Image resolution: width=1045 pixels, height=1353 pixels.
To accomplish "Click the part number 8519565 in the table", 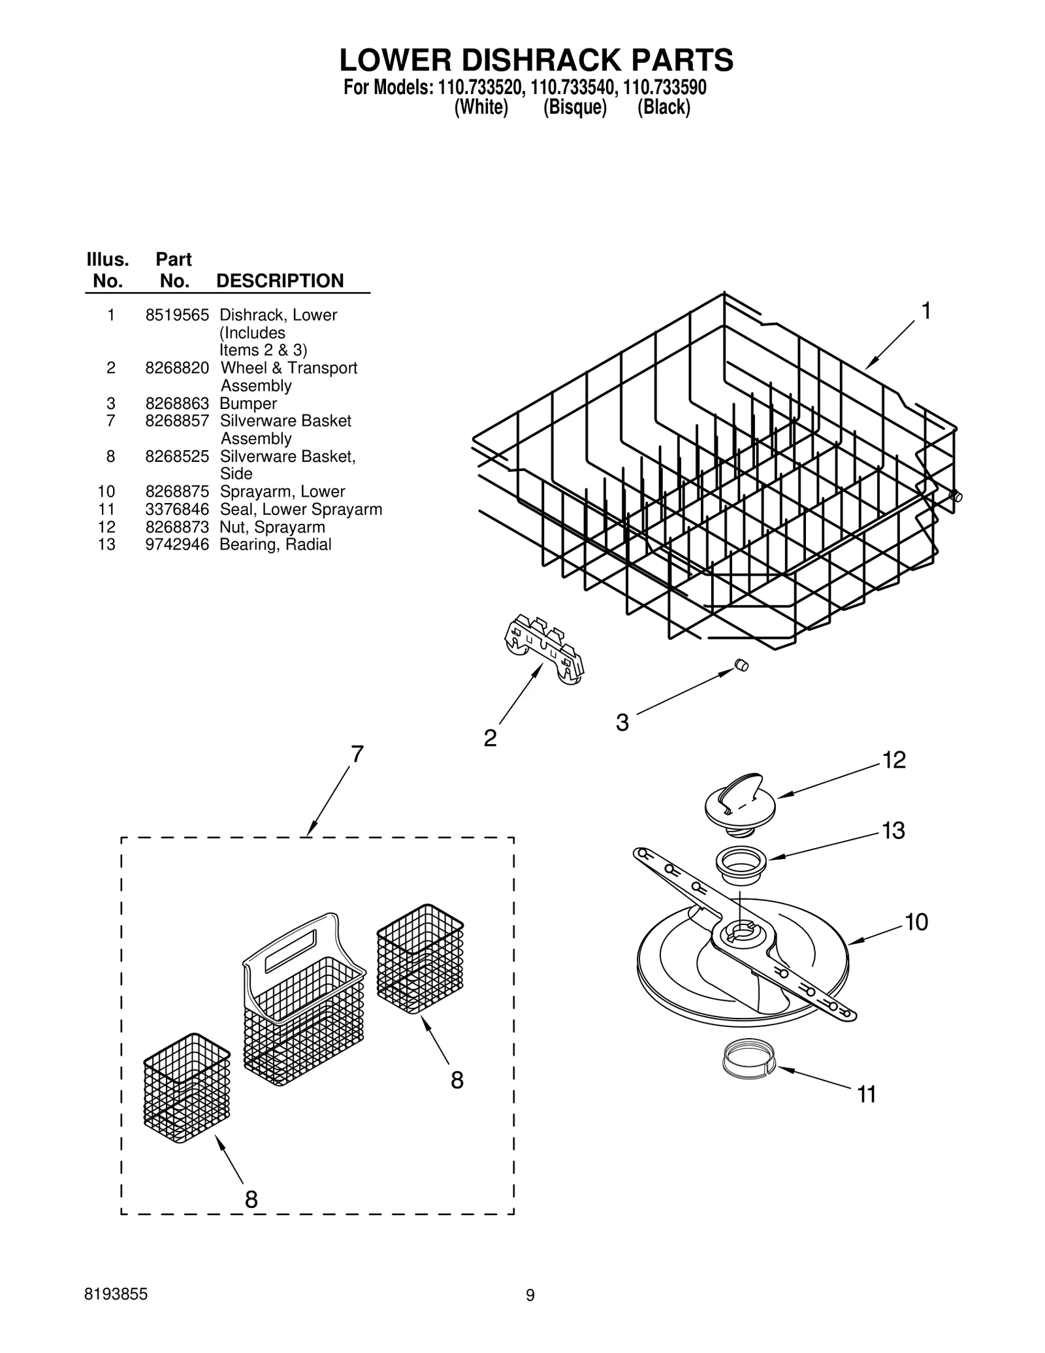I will coord(177,315).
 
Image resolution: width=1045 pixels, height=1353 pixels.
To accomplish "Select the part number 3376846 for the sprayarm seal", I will coord(177,509).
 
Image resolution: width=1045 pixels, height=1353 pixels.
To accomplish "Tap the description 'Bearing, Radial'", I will coord(275,544).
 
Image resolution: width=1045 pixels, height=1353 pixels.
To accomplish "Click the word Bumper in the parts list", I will coord(248,403).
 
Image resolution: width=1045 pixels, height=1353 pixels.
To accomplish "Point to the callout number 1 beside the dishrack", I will coord(925,312).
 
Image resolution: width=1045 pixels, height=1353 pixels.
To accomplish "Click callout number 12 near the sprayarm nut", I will coord(893,760).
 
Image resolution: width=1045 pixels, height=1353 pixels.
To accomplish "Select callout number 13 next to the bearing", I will coord(893,830).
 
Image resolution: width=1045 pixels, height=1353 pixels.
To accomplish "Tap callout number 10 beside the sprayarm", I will coord(916,922).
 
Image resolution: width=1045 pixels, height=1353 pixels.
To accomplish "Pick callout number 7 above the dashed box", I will coord(357,754).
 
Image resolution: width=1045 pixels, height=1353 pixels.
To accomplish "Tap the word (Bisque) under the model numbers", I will coord(575,107).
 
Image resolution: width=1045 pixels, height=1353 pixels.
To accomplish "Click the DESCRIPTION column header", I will coord(280,280).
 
